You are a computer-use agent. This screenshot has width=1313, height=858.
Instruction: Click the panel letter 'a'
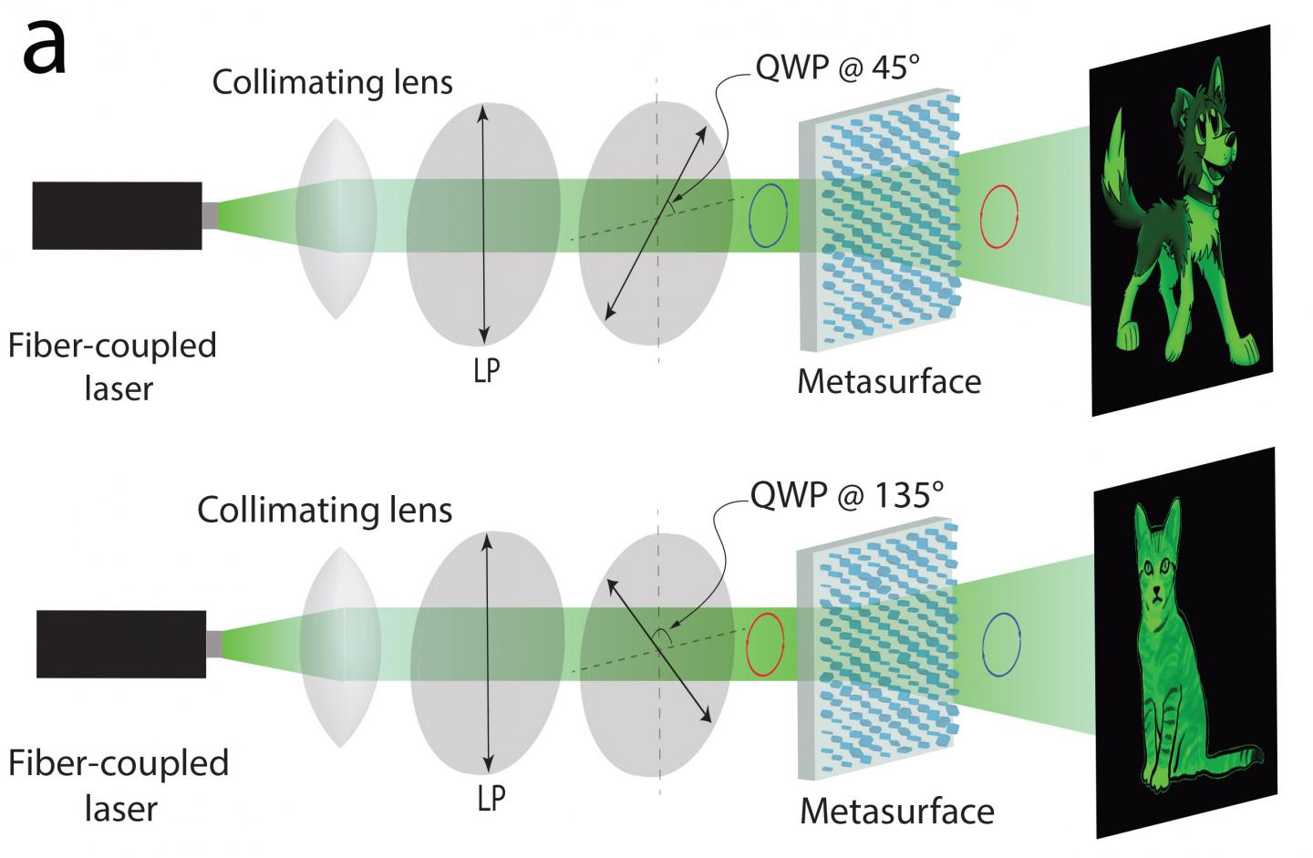[44, 48]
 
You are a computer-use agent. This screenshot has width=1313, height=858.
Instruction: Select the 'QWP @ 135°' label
[845, 493]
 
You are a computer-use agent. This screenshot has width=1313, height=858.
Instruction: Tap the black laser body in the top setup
[117, 215]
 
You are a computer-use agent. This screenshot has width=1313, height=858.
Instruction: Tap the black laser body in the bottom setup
[121, 645]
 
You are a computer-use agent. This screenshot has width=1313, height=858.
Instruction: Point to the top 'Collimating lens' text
[332, 82]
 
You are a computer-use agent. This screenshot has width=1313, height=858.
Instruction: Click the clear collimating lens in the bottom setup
[339, 646]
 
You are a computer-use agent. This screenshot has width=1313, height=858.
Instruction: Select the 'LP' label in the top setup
[488, 370]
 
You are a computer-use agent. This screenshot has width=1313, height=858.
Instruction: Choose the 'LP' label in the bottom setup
[491, 798]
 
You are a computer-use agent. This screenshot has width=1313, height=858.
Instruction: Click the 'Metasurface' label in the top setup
[889, 380]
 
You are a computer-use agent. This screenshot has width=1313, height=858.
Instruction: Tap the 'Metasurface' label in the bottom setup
[897, 810]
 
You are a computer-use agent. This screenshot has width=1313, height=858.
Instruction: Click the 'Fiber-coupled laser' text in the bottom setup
[119, 784]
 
